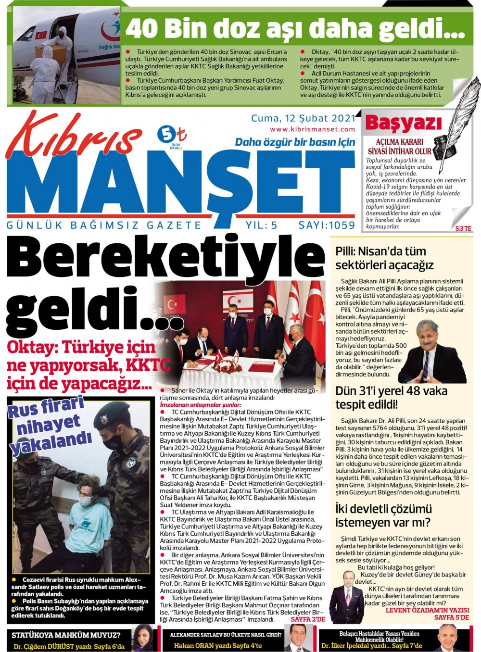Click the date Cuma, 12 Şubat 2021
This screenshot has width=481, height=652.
click(303, 118)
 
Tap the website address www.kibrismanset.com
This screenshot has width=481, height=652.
click(312, 129)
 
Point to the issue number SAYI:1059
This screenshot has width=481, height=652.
click(327, 225)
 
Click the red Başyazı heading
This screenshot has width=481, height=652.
click(403, 124)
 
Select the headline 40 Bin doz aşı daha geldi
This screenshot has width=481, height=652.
click(294, 28)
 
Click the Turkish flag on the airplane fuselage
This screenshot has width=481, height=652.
click(41, 35)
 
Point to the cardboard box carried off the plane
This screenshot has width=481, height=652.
click(46, 51)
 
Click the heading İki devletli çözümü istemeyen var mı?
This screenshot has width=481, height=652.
click(384, 515)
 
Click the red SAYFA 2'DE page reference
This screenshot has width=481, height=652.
click(308, 619)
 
